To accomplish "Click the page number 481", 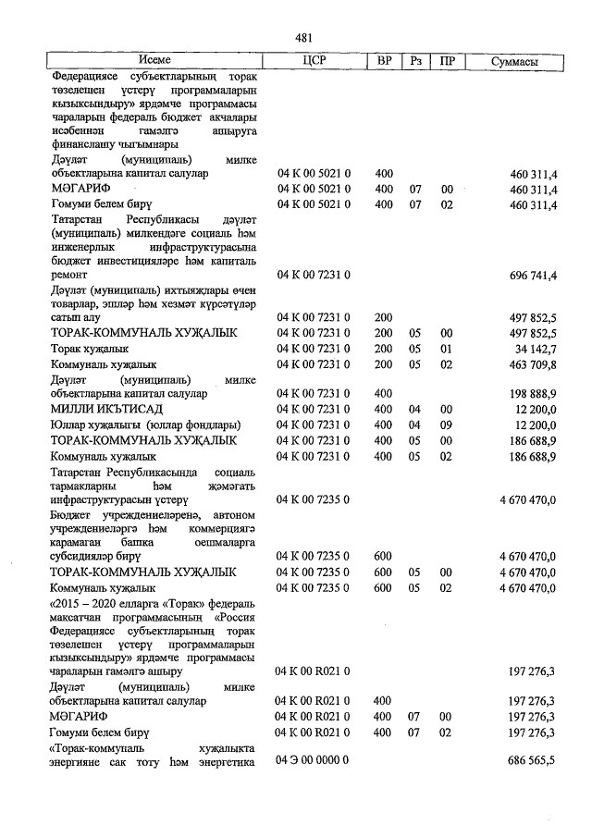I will [x=303, y=38].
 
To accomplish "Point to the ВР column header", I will [x=384, y=61].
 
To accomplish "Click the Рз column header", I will [x=416, y=61].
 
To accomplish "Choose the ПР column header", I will [x=448, y=61].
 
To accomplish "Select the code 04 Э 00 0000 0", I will [x=313, y=759].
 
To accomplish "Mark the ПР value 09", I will [x=447, y=425].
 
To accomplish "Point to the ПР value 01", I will [x=447, y=349].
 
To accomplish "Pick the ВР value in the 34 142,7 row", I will [x=384, y=349].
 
